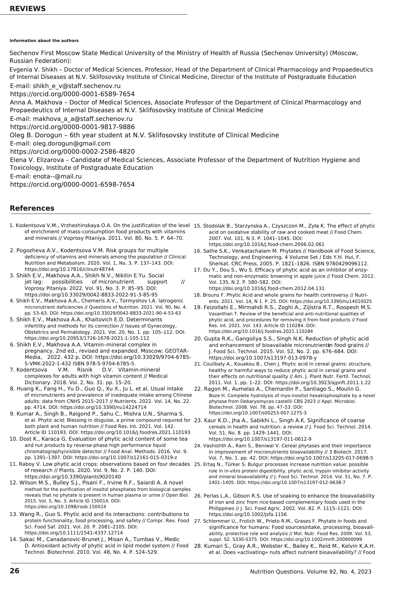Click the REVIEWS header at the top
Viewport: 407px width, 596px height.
coord(28,9)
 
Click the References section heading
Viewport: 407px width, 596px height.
coord(32,208)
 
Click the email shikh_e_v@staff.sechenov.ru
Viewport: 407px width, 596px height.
coord(76,86)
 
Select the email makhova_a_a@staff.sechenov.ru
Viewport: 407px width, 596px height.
coord(83,119)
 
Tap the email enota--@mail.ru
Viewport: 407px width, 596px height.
coord(57,176)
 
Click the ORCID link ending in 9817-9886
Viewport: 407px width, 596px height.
coord(72,127)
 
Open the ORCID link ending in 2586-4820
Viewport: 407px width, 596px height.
coord(72,152)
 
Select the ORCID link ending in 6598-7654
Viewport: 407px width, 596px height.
coord(72,184)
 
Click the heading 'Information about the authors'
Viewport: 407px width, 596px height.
coord(44,40)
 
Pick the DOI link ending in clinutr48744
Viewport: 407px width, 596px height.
coord(69,269)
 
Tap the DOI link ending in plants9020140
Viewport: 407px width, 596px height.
coord(73,477)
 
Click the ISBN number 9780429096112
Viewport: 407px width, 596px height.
coord(348,264)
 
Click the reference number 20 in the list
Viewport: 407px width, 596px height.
coord(198,339)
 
